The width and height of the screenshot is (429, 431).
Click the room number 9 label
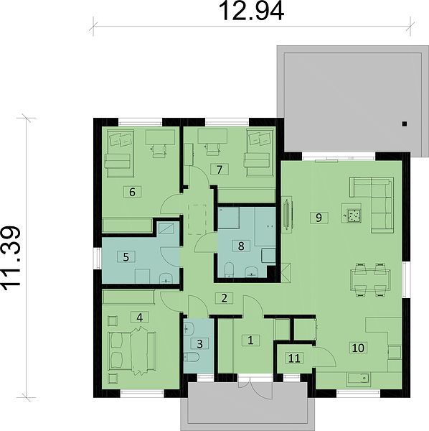(319, 218)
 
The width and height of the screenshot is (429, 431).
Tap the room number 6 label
(132, 192)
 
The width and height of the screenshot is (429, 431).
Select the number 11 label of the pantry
(294, 358)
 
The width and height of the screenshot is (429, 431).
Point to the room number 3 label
(200, 343)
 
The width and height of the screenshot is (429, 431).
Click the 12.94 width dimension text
(251, 11)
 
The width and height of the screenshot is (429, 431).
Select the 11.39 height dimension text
(11, 259)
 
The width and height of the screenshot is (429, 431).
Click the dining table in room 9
(371, 280)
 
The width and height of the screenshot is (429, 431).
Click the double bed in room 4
(132, 351)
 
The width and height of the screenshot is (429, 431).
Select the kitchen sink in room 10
(358, 379)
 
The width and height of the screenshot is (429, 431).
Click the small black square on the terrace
(404, 124)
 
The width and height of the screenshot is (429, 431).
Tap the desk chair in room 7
(212, 149)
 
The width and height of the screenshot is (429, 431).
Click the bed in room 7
(258, 153)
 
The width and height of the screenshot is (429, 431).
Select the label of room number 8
(241, 246)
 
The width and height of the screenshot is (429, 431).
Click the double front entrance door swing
(255, 388)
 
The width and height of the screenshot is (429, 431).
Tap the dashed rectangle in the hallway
(197, 219)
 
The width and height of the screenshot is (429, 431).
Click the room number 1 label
(250, 340)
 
